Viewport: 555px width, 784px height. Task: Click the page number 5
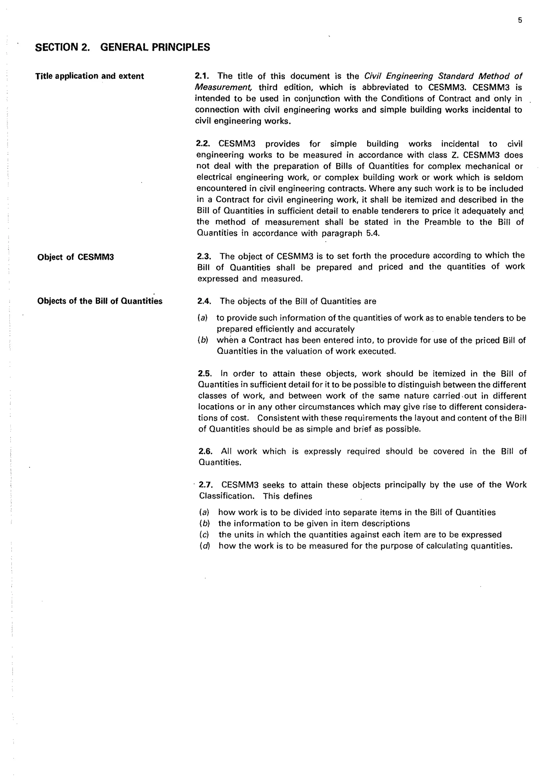pyautogui.click(x=520, y=21)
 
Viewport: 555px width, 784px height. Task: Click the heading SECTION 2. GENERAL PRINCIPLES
pyautogui.click(x=122, y=47)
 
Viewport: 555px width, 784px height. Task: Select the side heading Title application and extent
pyautogui.click(x=89, y=76)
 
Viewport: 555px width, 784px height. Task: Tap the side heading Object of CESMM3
pyautogui.click(x=76, y=257)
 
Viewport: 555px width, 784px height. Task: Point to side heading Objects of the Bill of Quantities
pyautogui.click(x=100, y=301)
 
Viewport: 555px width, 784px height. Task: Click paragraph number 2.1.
pyautogui.click(x=202, y=76)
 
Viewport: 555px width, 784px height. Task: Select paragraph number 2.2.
pyautogui.click(x=203, y=144)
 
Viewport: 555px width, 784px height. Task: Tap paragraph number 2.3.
pyautogui.click(x=204, y=256)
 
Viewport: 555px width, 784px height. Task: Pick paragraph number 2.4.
pyautogui.click(x=204, y=301)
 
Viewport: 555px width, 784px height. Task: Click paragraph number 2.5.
pyautogui.click(x=205, y=374)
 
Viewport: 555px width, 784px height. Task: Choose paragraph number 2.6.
pyautogui.click(x=205, y=451)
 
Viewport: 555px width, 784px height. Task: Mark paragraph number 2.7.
pyautogui.click(x=206, y=485)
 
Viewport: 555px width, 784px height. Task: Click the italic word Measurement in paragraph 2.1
pyautogui.click(x=224, y=87)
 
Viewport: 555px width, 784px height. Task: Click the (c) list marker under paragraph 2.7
pyautogui.click(x=204, y=535)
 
